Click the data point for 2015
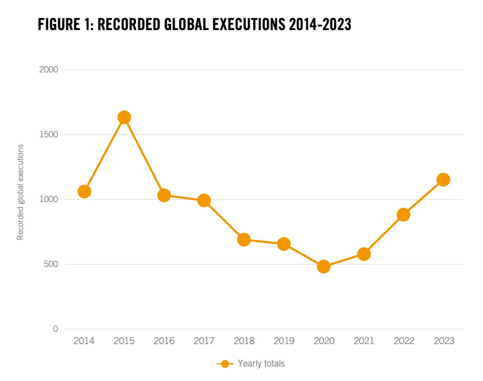click(x=124, y=117)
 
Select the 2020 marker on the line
click(x=324, y=267)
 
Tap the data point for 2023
click(x=444, y=179)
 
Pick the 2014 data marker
click(x=84, y=192)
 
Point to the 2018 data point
click(x=244, y=239)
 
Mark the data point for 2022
click(x=403, y=214)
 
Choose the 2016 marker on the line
click(x=164, y=195)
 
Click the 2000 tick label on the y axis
click(x=48, y=70)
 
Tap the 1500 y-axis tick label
click(x=48, y=135)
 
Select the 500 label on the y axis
click(x=50, y=264)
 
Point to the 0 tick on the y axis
click(x=56, y=329)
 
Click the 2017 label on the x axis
click(x=204, y=341)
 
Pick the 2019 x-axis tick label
click(x=284, y=341)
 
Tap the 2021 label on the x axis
click(x=364, y=341)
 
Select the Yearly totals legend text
click(x=261, y=363)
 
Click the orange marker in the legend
click(x=225, y=364)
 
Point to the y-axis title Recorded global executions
click(x=20, y=192)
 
